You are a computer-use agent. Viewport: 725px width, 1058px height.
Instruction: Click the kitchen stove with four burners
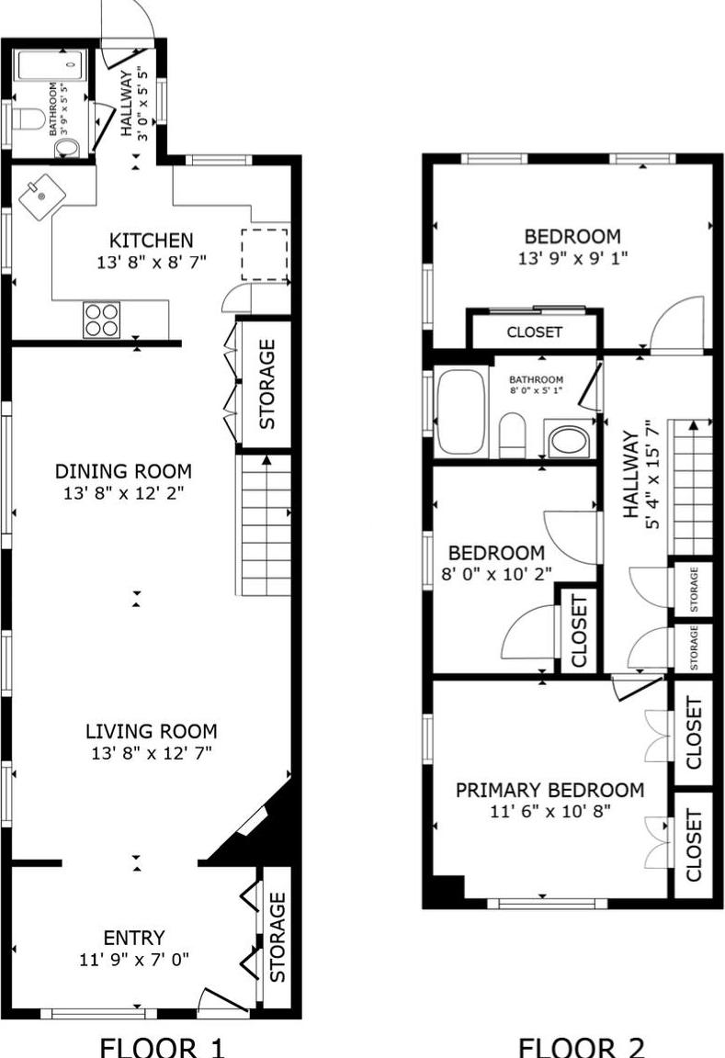(101, 320)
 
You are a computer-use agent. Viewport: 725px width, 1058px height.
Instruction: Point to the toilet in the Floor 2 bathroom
(512, 434)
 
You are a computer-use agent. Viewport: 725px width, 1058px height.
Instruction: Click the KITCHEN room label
(152, 241)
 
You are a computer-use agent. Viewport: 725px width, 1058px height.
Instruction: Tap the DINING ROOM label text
(136, 471)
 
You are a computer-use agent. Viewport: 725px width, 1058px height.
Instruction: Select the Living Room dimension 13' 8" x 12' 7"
(151, 754)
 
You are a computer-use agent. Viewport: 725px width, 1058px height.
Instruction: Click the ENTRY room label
(134, 938)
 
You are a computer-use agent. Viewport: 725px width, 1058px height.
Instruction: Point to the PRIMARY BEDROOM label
(549, 790)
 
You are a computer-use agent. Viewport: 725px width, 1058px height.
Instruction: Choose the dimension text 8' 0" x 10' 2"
(496, 579)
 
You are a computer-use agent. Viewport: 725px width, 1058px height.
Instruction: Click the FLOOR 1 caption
(161, 1046)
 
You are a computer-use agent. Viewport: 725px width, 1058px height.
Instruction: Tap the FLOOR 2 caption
(582, 1046)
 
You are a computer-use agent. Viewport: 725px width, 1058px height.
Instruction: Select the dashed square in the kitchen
(265, 254)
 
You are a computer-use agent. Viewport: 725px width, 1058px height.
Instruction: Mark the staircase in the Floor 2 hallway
(690, 487)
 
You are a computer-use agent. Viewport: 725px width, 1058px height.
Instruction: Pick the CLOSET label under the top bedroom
(534, 332)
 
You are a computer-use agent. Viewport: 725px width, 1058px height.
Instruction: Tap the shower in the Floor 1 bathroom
(51, 66)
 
